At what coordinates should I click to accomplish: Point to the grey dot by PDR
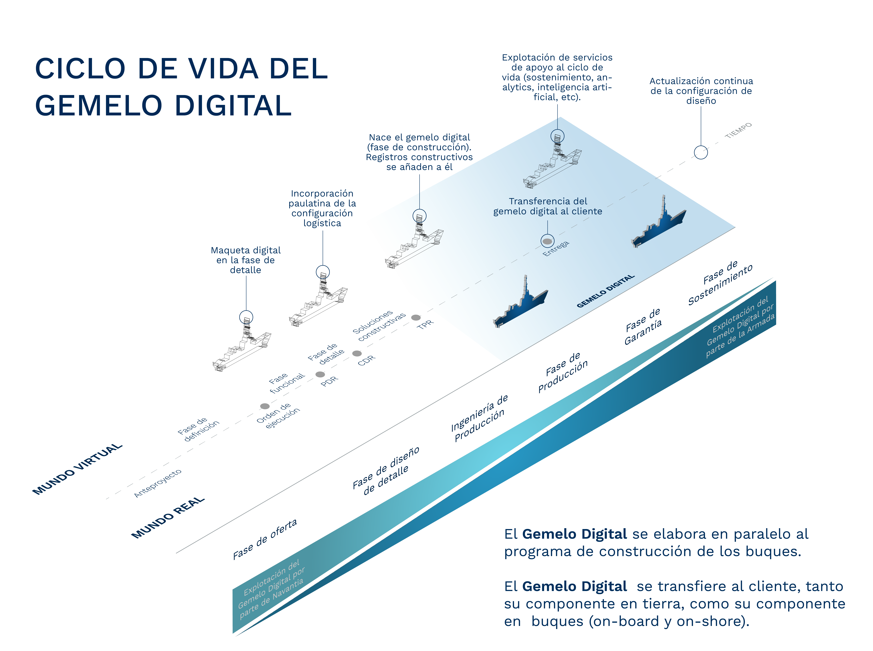pyautogui.click(x=320, y=374)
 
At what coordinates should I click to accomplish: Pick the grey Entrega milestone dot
pyautogui.click(x=547, y=241)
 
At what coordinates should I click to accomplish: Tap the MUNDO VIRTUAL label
pyautogui.click(x=77, y=469)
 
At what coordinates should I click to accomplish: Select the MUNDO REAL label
pyautogui.click(x=168, y=517)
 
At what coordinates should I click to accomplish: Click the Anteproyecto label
pyautogui.click(x=158, y=483)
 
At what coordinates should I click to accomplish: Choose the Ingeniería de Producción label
pyautogui.click(x=479, y=418)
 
